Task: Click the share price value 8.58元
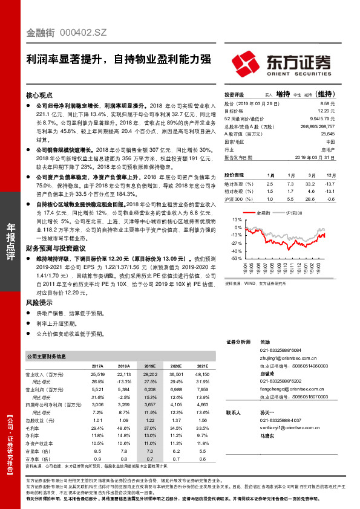[327, 104]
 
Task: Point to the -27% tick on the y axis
[235, 242]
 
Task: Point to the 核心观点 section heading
[39, 96]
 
